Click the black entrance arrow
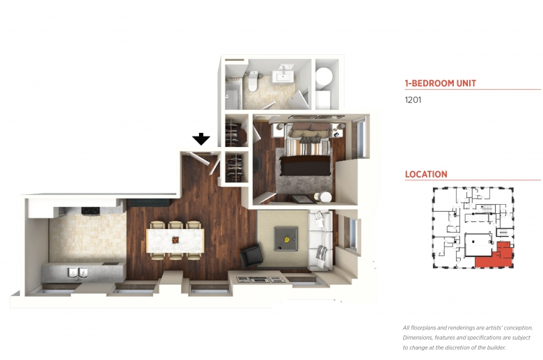tap(201, 139)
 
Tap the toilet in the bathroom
tap(253, 81)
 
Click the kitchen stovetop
tap(90, 210)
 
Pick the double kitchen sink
tap(77, 273)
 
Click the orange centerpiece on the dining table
tap(175, 240)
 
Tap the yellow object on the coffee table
tap(287, 239)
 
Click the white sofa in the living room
tap(321, 240)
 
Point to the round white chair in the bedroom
tap(326, 197)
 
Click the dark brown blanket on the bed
tap(305, 166)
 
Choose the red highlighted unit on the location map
tap(495, 256)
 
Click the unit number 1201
tap(413, 100)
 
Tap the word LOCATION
tap(426, 174)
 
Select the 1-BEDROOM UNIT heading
tap(441, 83)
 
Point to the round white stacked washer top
tap(324, 76)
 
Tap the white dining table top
tap(175, 240)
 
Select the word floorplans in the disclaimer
tap(422, 328)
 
